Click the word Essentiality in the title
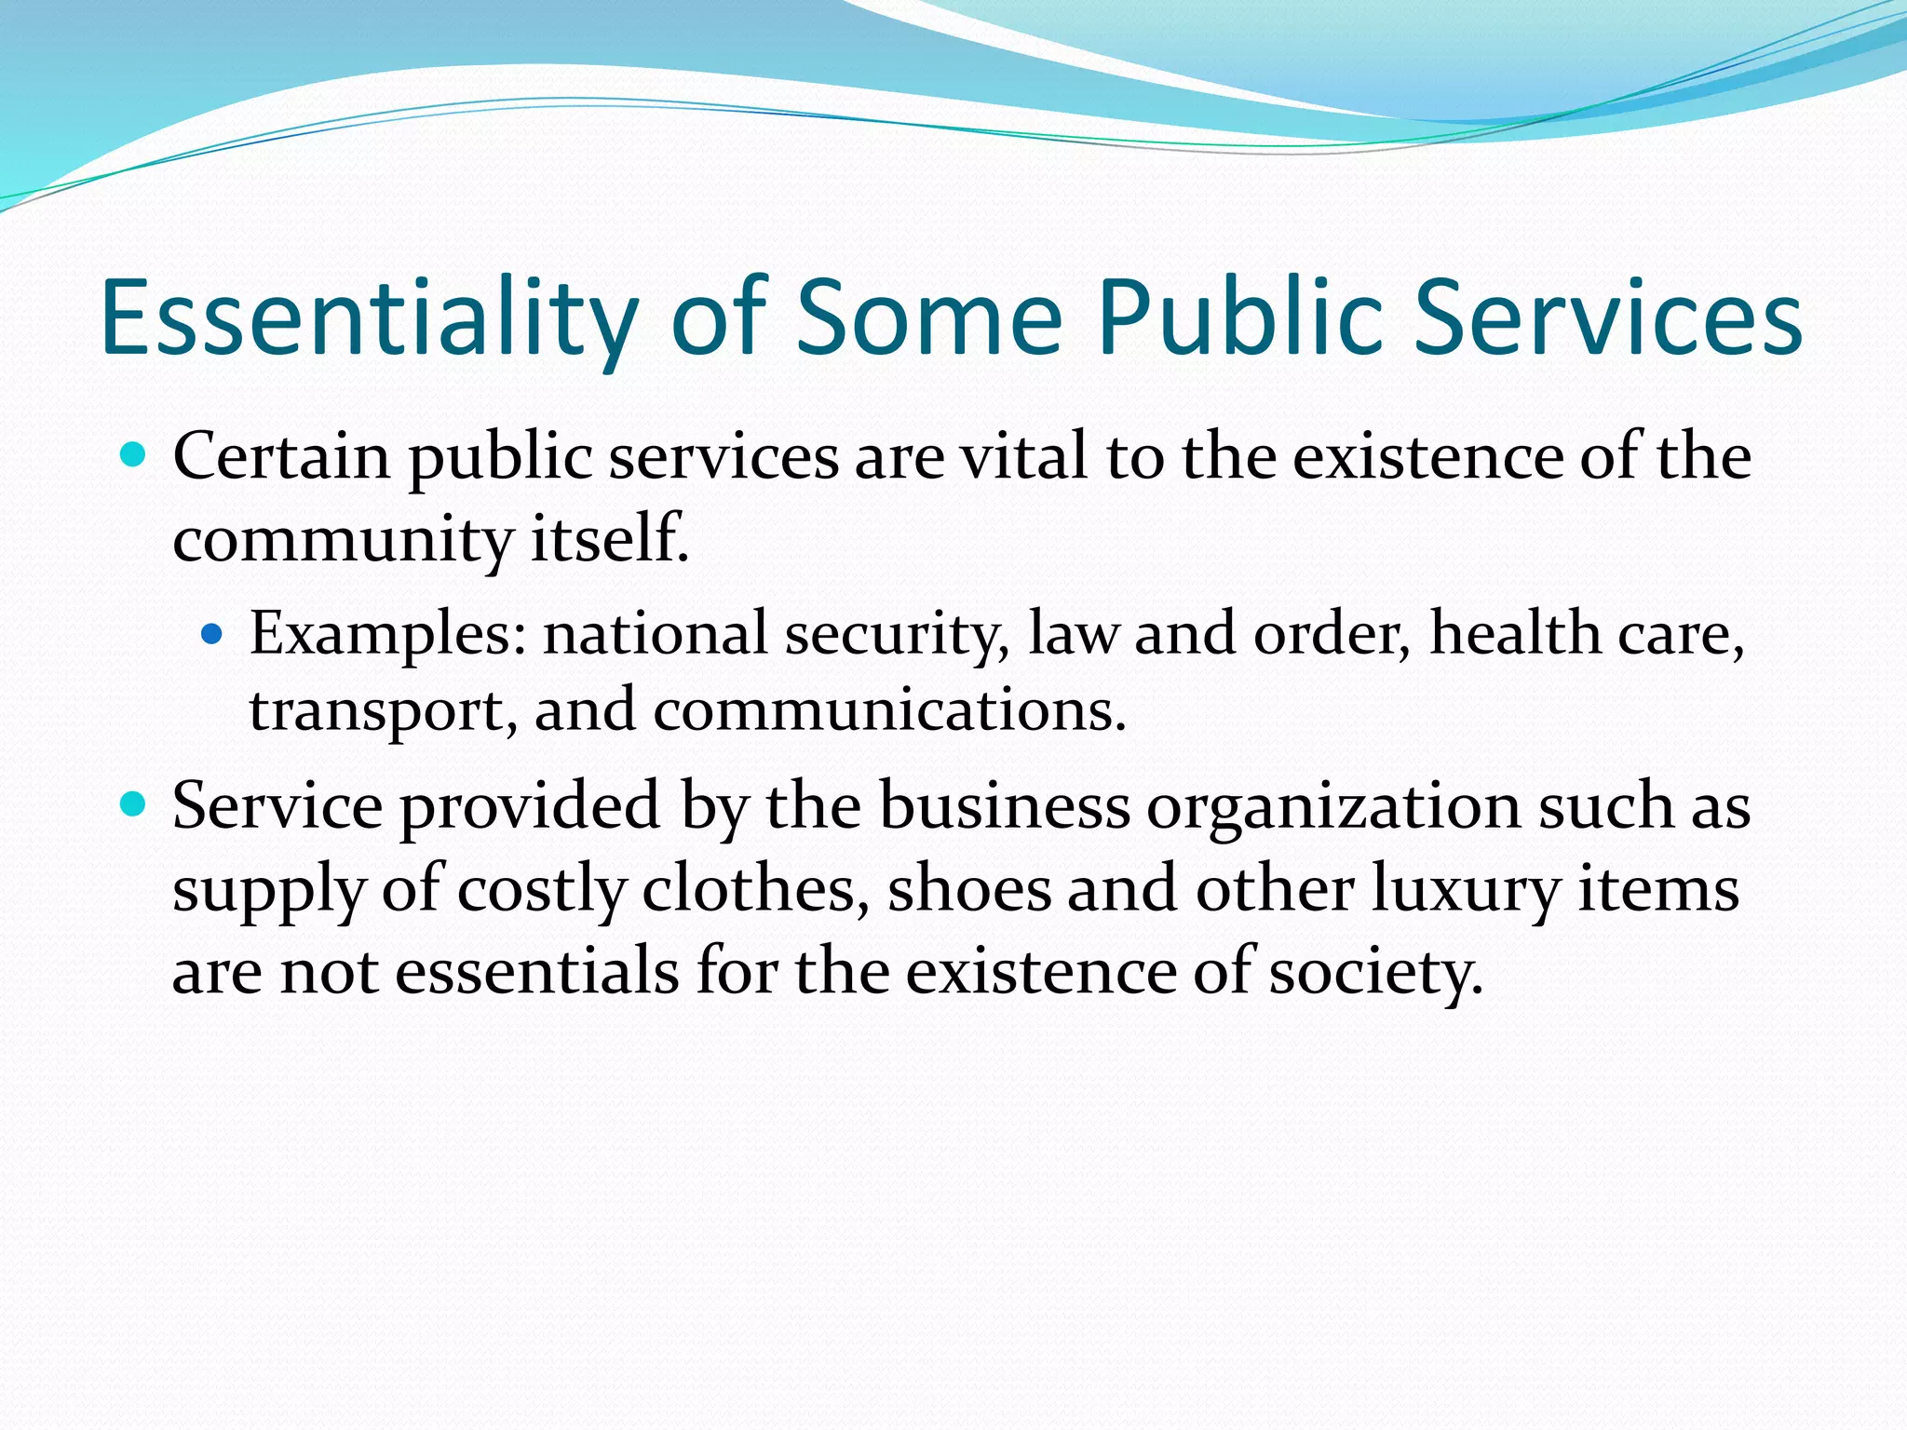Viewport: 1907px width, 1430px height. point(369,318)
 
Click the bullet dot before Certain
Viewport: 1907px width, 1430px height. point(134,455)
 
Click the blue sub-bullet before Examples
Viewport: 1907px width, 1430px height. point(213,635)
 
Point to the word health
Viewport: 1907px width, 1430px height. point(1515,633)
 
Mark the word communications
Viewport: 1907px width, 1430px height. point(890,710)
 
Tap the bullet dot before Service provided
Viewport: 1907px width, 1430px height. point(134,803)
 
